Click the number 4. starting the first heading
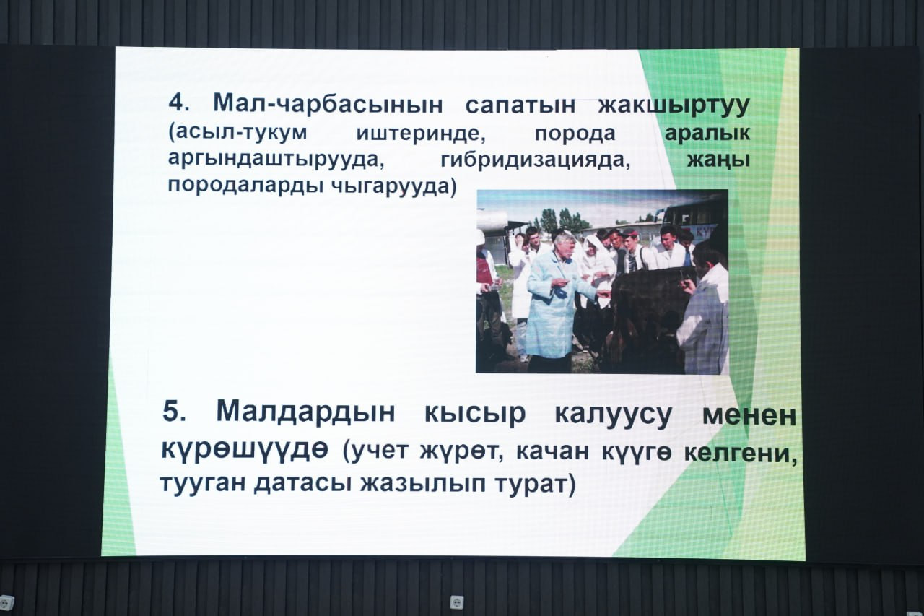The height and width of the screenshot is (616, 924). (x=178, y=103)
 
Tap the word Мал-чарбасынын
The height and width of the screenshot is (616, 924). (x=328, y=104)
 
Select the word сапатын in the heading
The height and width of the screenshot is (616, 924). (x=520, y=105)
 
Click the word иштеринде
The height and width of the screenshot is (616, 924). (x=421, y=134)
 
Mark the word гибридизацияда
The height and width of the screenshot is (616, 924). (x=536, y=160)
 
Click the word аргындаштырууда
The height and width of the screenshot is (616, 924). (x=276, y=160)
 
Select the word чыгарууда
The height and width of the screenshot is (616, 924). (x=393, y=187)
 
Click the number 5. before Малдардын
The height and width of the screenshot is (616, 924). (x=174, y=411)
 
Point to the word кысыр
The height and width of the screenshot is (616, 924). (x=475, y=414)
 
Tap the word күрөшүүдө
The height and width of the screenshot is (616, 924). (x=245, y=449)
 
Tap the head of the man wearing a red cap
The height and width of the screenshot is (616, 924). (x=630, y=238)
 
